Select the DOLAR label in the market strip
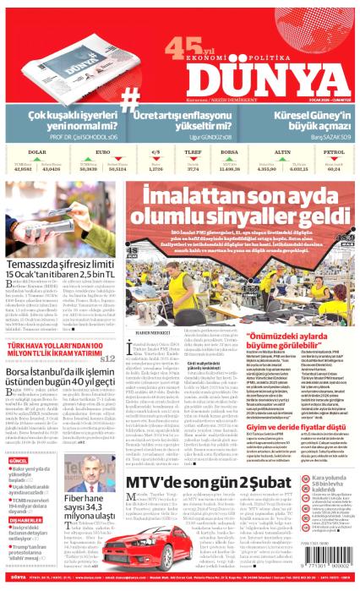[x=36, y=151]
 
